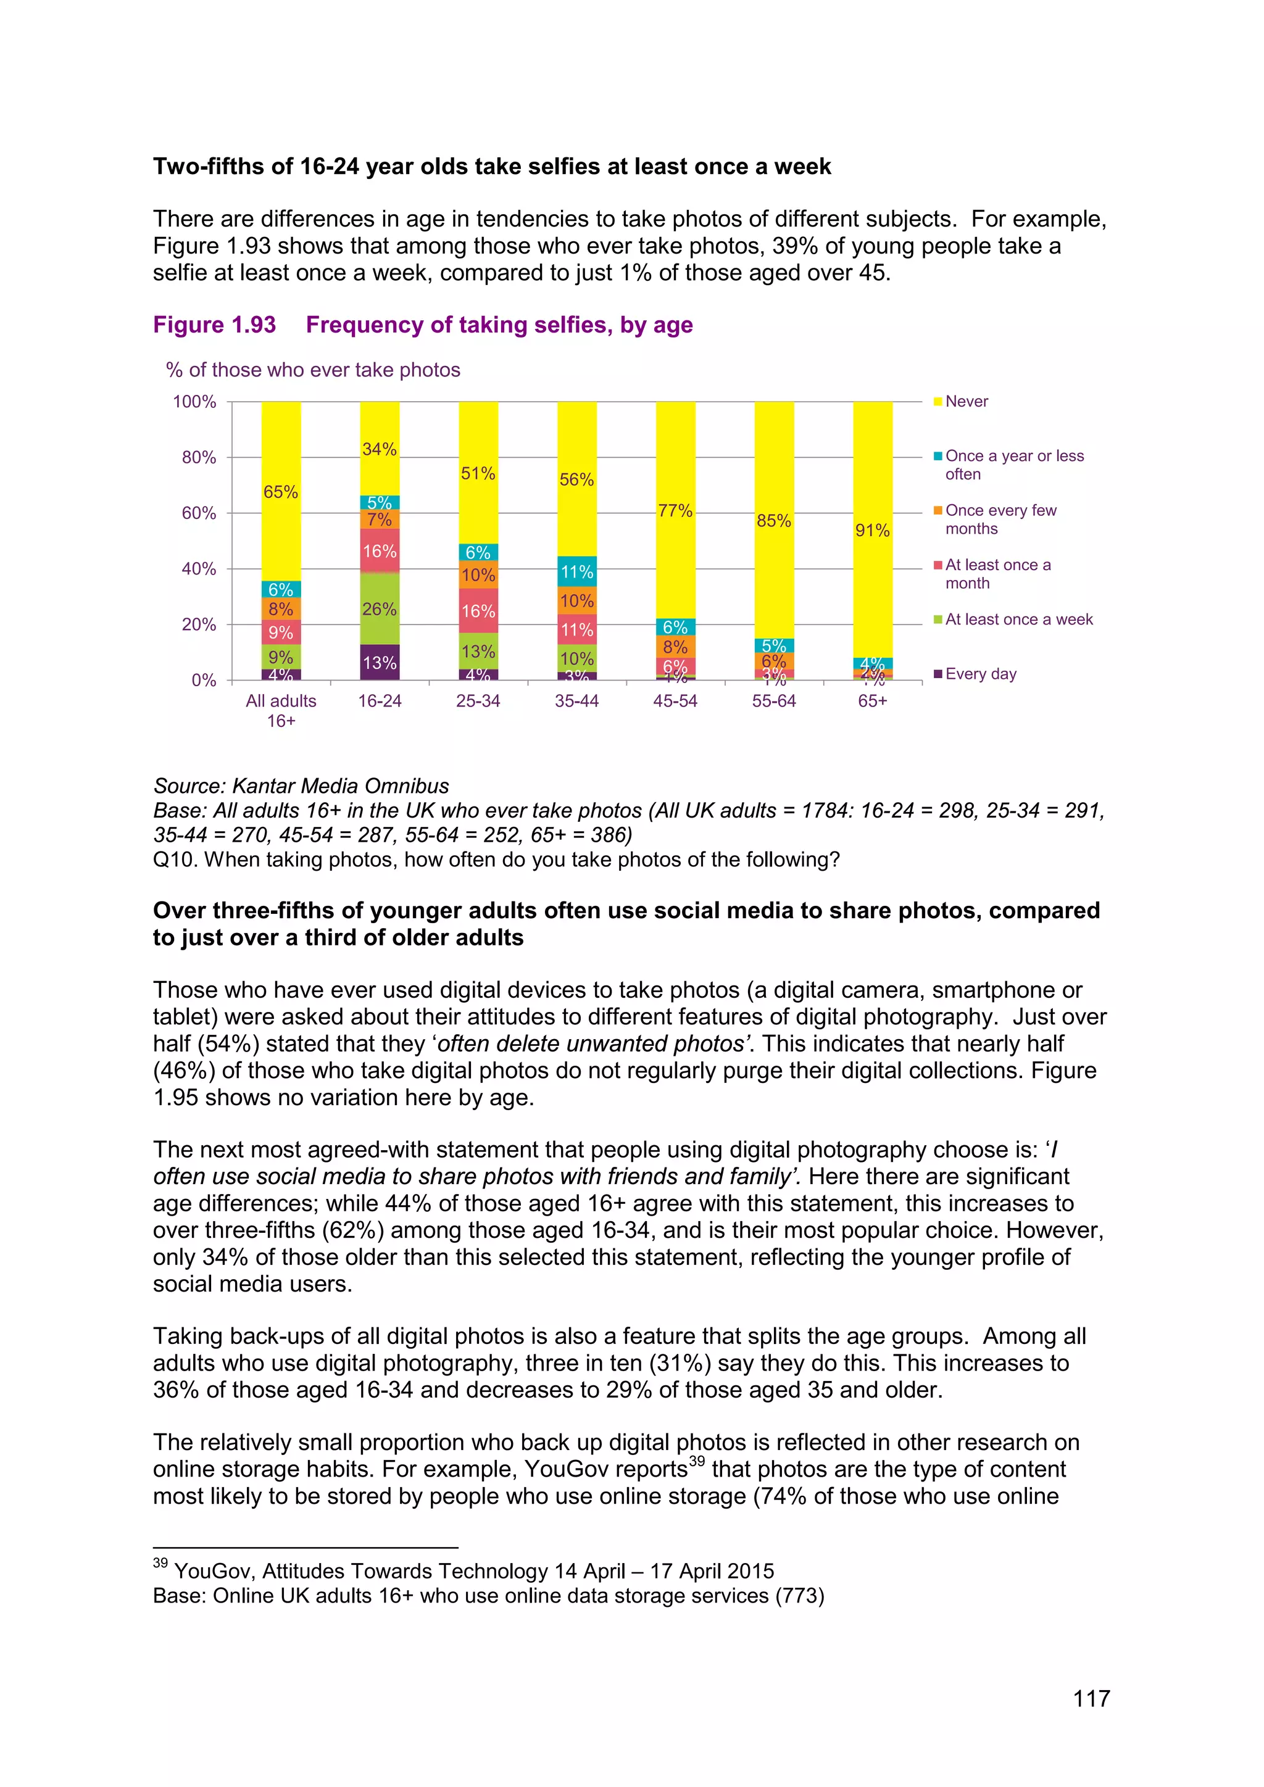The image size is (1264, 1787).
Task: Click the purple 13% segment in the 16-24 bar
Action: click(x=379, y=662)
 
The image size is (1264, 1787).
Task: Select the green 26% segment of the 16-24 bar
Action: click(x=379, y=608)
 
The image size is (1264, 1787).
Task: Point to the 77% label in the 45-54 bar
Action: click(x=675, y=510)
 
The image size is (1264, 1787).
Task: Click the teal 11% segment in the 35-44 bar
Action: click(x=576, y=572)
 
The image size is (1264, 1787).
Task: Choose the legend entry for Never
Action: click(x=966, y=402)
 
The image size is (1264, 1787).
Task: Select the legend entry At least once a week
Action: click(x=1018, y=620)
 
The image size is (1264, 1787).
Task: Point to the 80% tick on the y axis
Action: click(x=199, y=458)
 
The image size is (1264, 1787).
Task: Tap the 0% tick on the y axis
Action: click(x=203, y=680)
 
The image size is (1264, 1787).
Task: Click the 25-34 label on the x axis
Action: click(x=478, y=700)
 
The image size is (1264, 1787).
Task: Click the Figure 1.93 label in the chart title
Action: click(x=214, y=325)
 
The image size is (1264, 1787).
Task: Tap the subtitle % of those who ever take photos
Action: click(x=313, y=370)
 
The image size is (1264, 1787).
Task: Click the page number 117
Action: click(x=1091, y=1698)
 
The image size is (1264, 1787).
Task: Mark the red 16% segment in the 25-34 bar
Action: click(x=478, y=611)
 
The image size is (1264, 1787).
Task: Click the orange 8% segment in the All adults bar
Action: click(x=281, y=608)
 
